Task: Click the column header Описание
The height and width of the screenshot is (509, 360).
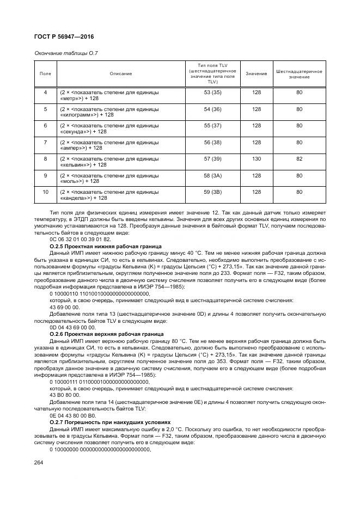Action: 120,73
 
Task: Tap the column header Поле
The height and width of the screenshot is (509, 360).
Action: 45,73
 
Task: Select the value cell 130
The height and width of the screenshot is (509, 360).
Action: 257,159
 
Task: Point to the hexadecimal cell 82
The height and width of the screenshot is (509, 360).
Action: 299,159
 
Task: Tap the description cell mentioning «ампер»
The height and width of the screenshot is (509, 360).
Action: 109,145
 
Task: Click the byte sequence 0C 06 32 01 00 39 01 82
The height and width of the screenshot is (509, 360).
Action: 80,239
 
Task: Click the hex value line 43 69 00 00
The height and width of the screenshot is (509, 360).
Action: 65,306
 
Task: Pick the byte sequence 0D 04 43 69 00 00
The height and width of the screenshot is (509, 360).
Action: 72,328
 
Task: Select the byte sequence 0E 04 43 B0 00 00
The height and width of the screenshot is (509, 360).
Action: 73,415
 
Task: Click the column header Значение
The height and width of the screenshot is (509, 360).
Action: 257,73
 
